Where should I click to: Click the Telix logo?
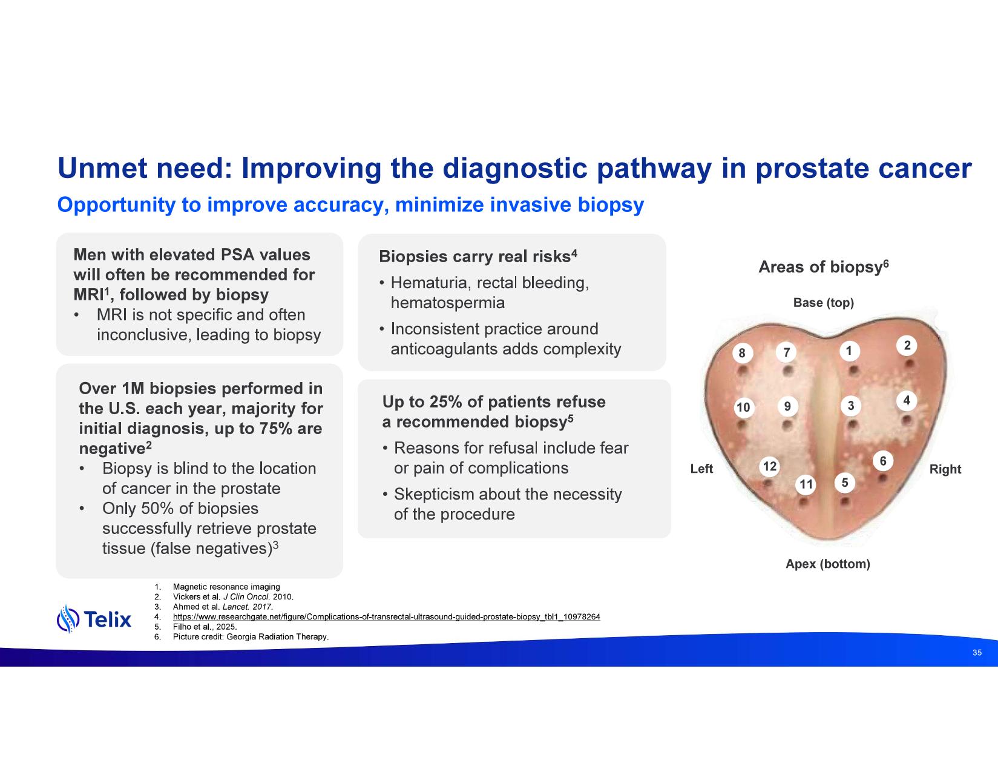(x=94, y=619)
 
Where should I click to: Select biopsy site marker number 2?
(x=907, y=346)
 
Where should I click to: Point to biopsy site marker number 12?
(x=769, y=466)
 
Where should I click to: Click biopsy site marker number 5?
(x=845, y=483)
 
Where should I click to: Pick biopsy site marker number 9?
(x=787, y=406)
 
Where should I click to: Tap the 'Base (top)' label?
(x=823, y=303)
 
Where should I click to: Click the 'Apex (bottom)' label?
(x=827, y=564)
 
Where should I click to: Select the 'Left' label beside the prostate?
(x=701, y=469)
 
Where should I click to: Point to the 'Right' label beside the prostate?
(x=945, y=469)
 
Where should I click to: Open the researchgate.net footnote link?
(x=386, y=617)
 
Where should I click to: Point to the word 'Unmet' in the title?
(x=101, y=168)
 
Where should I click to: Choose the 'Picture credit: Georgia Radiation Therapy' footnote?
(x=251, y=637)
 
